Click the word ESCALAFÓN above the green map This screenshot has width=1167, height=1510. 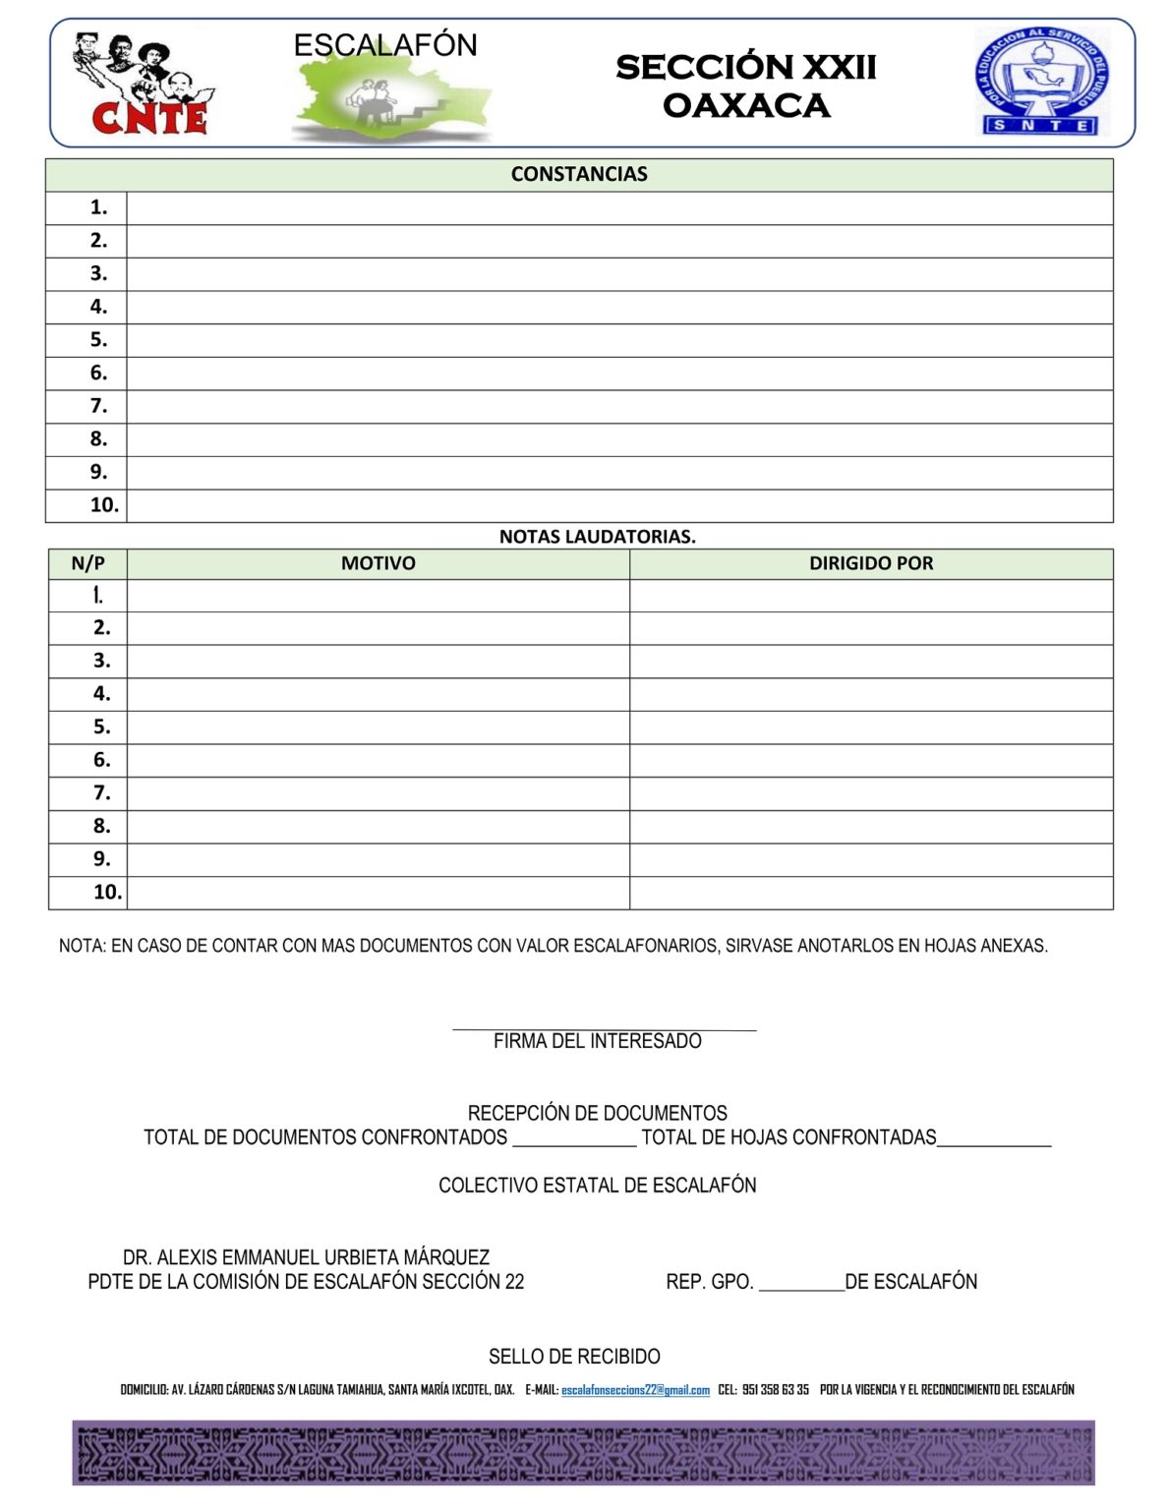pyautogui.click(x=384, y=45)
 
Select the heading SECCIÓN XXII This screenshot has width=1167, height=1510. pyautogui.click(x=745, y=67)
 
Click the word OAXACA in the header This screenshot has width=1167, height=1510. pyautogui.click(x=745, y=105)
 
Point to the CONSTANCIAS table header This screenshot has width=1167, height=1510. pyautogui.click(x=579, y=174)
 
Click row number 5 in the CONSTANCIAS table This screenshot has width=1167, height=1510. pyautogui.click(x=98, y=340)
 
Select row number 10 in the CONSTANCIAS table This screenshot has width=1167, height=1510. pyautogui.click(x=103, y=505)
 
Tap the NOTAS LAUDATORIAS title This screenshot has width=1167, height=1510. pyautogui.click(x=597, y=537)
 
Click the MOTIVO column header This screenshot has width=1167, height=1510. pyautogui.click(x=379, y=563)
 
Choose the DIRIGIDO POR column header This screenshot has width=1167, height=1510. pyautogui.click(x=871, y=563)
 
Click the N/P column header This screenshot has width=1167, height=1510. pyautogui.click(x=88, y=563)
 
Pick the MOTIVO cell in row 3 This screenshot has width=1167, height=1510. pyautogui.click(x=379, y=661)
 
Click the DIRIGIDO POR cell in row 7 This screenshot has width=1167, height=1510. pyautogui.click(x=871, y=793)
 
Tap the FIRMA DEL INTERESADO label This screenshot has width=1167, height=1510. pyautogui.click(x=597, y=1041)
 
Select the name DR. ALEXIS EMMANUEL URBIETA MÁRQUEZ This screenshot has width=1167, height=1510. pyautogui.click(x=306, y=1257)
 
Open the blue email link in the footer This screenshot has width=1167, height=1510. pyautogui.click(x=635, y=1390)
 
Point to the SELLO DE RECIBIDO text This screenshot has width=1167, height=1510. pyautogui.click(x=574, y=1357)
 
